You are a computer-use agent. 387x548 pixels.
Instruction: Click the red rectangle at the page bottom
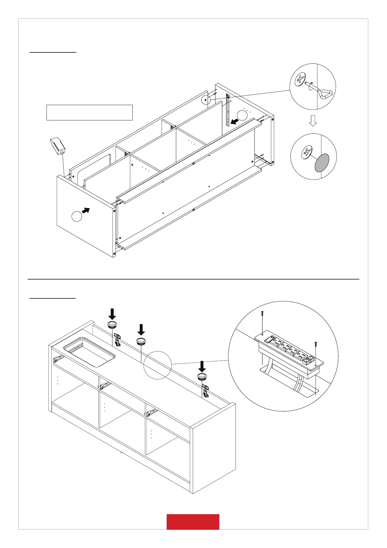pos(193,522)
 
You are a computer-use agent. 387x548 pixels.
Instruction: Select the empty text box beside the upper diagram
pos(89,113)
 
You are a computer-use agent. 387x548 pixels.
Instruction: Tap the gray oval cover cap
pos(322,163)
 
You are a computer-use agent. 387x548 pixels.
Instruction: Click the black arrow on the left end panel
pos(86,211)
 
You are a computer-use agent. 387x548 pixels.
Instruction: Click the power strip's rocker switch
pos(268,340)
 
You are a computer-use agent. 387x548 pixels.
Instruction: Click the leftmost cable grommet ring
pos(112,324)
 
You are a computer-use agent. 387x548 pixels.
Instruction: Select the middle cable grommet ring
pos(141,341)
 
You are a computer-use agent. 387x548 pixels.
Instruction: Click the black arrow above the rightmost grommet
pos(202,366)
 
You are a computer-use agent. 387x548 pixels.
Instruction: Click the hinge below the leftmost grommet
pos(118,340)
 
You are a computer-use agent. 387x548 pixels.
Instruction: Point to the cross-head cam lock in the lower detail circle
pos(306,153)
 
